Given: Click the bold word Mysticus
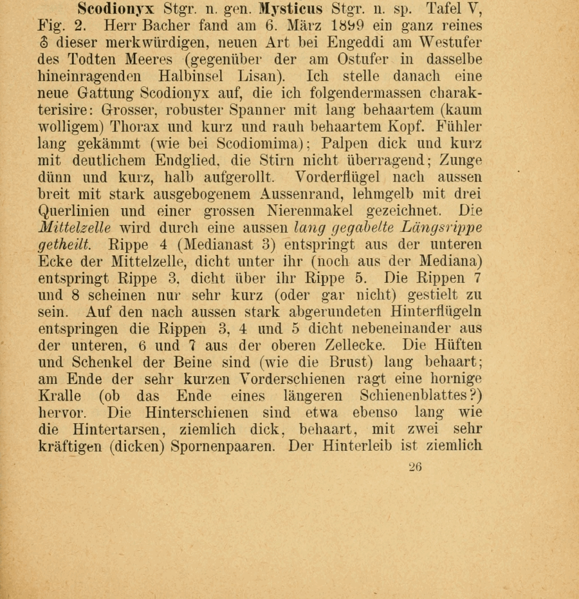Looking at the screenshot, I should coord(291,10).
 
